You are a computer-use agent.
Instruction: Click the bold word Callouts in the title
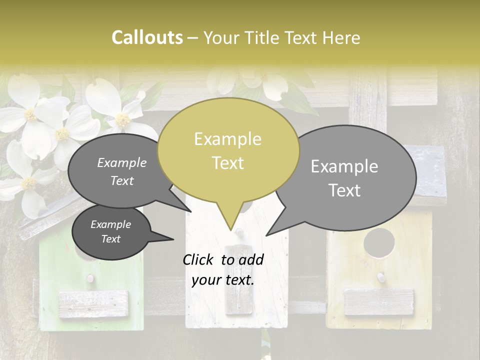(x=147, y=37)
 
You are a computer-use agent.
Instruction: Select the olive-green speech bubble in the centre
(x=228, y=150)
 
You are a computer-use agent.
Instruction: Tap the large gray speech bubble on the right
(x=350, y=177)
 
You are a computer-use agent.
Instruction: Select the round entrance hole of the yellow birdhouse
(x=379, y=242)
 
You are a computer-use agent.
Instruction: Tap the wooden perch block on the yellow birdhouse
(x=379, y=302)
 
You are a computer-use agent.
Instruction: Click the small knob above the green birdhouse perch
(x=90, y=278)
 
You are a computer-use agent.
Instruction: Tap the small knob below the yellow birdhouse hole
(x=380, y=276)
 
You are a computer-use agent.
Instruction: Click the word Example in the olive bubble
(x=227, y=139)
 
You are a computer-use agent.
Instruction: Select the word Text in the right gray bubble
(x=345, y=190)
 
